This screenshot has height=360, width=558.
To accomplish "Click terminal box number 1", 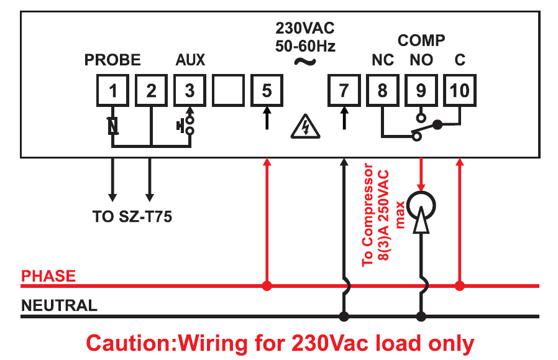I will click(112, 91).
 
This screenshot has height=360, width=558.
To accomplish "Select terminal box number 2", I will click(151, 91).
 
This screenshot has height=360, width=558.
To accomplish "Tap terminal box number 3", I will click(190, 91).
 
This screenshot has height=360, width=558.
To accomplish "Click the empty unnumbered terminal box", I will click(228, 91).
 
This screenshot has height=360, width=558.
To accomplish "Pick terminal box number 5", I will click(267, 91).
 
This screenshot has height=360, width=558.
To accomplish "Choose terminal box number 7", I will click(344, 91).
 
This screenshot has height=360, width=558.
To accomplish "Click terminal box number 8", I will click(382, 91).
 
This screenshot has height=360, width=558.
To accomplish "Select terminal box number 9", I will click(421, 91).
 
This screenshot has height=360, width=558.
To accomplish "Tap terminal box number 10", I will click(459, 91).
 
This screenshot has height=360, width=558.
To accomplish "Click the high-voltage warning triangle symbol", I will click(305, 127).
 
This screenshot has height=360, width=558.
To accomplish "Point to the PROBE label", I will click(112, 60).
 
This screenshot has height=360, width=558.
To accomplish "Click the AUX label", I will click(190, 60).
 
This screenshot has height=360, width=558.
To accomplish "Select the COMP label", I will click(421, 40).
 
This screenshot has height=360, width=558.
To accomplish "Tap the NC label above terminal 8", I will click(383, 60).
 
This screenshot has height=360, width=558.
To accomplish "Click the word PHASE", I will click(48, 276).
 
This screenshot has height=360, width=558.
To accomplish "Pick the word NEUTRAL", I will click(59, 306).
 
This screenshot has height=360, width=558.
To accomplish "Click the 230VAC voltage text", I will click(304, 29).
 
